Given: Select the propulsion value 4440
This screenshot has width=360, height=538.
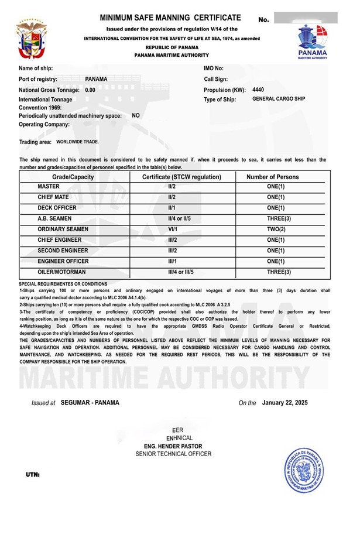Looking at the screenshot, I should click(x=258, y=90).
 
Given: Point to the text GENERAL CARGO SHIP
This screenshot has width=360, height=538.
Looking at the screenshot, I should click(x=279, y=100).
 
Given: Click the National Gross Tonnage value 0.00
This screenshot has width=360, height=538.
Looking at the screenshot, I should click(x=90, y=90).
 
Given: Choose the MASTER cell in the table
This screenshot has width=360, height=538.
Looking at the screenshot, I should click(x=49, y=186).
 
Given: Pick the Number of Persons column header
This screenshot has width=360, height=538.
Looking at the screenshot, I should click(x=272, y=177).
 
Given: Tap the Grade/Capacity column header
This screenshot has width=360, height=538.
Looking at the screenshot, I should click(x=73, y=177).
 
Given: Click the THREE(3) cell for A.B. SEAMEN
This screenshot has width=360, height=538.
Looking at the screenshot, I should click(x=272, y=218).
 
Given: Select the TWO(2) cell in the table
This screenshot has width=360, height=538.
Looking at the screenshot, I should click(x=272, y=229).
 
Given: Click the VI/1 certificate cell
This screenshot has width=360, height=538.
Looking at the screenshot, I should click(x=173, y=229).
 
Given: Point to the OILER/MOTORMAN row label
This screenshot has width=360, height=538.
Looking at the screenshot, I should click(x=61, y=272).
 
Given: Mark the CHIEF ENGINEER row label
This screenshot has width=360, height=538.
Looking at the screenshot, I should click(x=60, y=240).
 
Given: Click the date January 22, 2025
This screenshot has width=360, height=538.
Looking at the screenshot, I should click(x=285, y=403).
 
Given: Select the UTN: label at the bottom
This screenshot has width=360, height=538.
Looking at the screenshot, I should click(x=33, y=474).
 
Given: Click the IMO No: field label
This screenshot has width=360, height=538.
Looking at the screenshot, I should click(x=214, y=68).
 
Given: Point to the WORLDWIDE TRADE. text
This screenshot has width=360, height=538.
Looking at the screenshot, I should click(x=78, y=142).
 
